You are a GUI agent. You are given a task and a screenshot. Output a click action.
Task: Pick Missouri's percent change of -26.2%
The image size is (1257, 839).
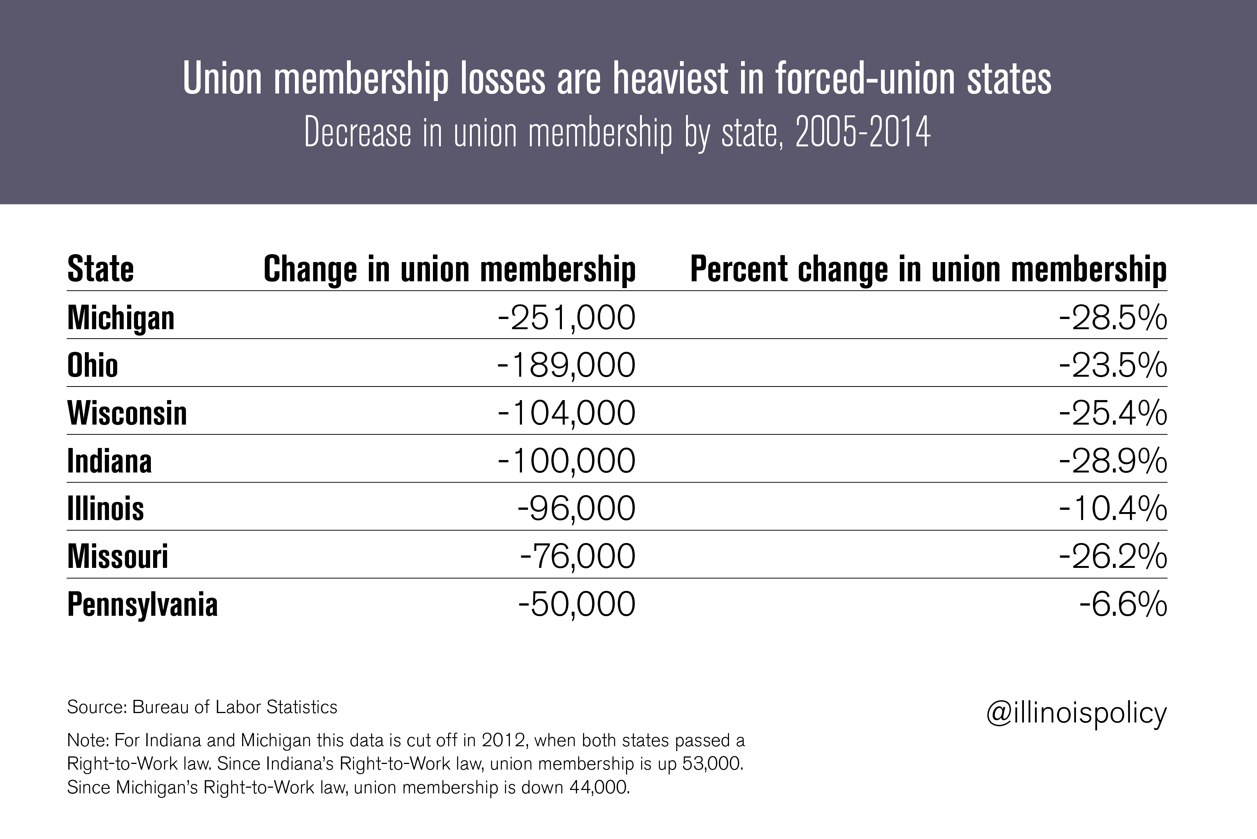pos(1113,557)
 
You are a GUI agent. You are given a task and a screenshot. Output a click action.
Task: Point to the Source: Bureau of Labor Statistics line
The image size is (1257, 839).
pos(202,707)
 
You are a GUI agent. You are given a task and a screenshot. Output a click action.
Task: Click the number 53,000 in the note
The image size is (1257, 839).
pos(712,764)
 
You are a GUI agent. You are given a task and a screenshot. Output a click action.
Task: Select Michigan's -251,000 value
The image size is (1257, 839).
pos(566,318)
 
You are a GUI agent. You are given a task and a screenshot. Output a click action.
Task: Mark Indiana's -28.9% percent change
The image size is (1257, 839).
pos(1113,461)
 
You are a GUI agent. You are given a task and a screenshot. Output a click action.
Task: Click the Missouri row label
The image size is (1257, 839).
pos(118,557)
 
